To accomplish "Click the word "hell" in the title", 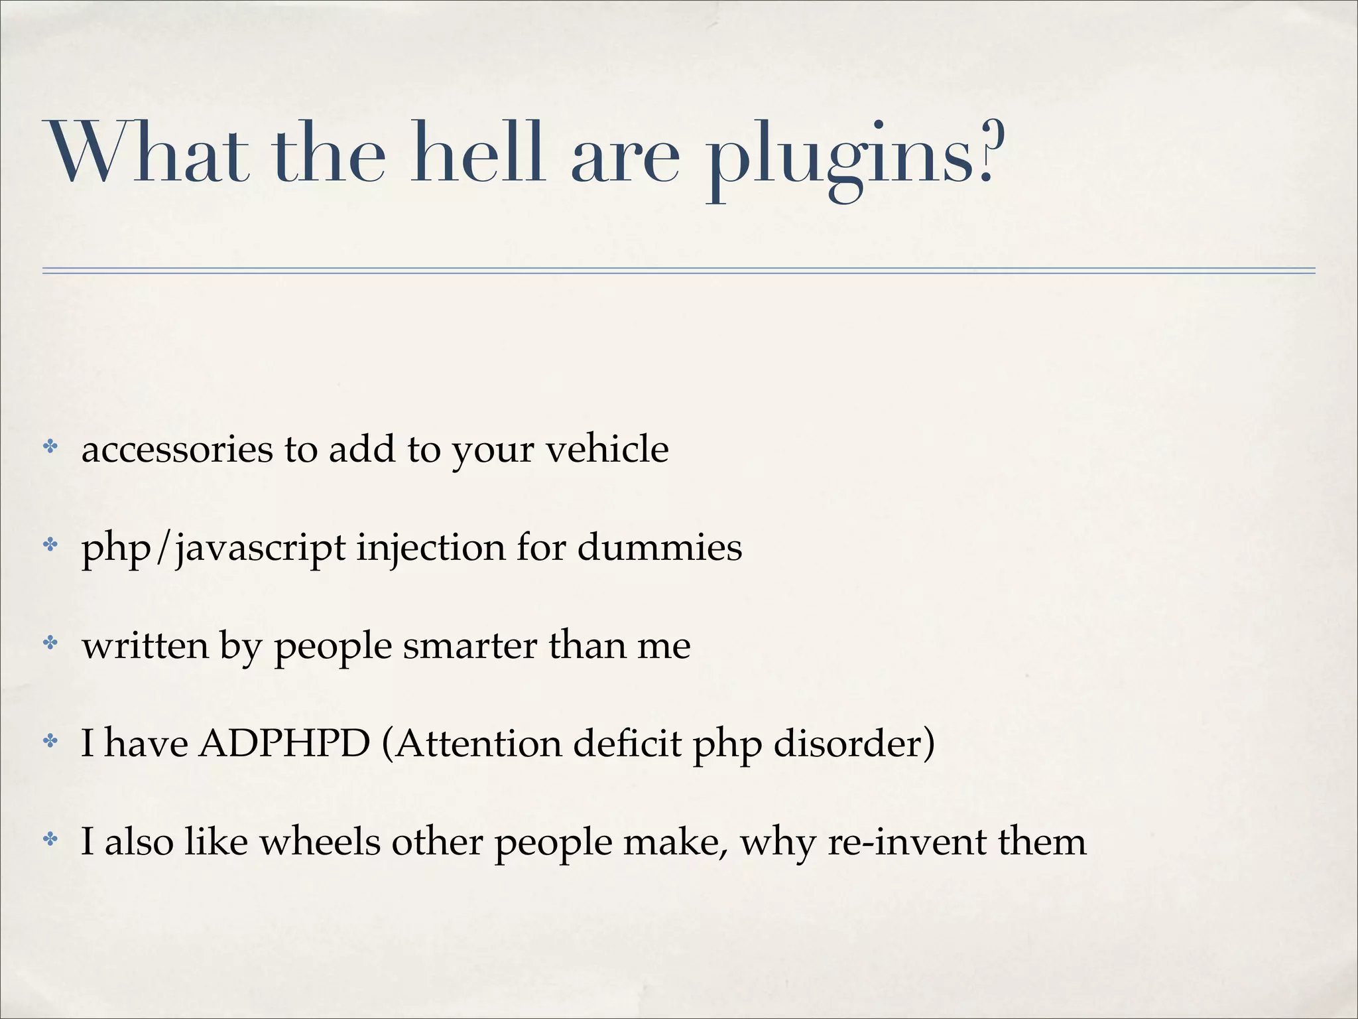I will click(477, 154).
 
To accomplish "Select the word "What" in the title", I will click(149, 154).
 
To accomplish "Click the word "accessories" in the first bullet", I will click(177, 450).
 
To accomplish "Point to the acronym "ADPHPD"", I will click(284, 743).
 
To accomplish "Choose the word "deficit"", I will click(627, 744).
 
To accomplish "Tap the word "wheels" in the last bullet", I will click(320, 842).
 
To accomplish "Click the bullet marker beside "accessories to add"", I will click(50, 447).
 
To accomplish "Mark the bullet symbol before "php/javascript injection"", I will click(50, 545).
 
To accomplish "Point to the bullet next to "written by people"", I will click(50, 643).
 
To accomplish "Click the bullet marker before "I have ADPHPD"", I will click(50, 741).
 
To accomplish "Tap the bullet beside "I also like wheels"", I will click(50, 839).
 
